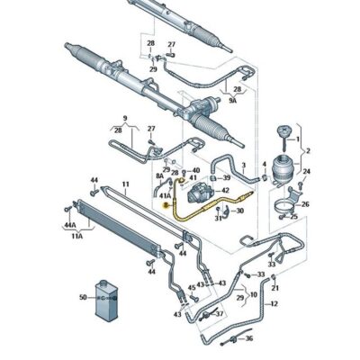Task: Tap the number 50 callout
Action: [83, 297]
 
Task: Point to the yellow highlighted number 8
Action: [166, 206]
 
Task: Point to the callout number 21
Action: [275, 287]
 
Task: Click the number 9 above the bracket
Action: [125, 117]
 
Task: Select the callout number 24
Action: [306, 171]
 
